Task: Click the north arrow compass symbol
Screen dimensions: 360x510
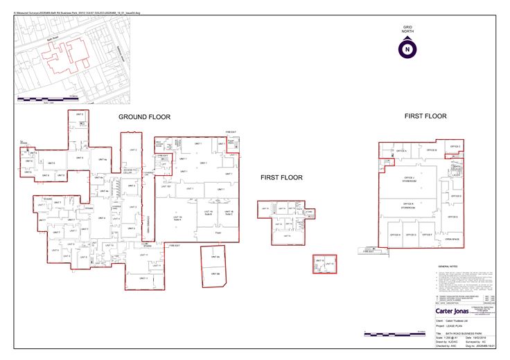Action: (x=407, y=48)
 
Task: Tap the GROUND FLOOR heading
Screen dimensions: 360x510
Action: (x=144, y=117)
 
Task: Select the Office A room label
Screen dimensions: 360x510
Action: (x=400, y=150)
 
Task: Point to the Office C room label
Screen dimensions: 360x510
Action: (x=455, y=147)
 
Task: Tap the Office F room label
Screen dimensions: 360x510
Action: (x=428, y=235)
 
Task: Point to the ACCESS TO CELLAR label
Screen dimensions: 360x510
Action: (x=131, y=171)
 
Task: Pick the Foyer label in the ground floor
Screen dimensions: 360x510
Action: (x=217, y=233)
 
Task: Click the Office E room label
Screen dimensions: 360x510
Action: (x=454, y=217)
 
